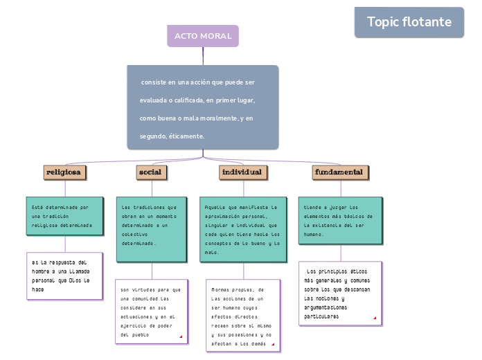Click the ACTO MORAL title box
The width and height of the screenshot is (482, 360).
pyautogui.click(x=203, y=36)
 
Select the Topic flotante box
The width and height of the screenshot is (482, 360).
pyautogui.click(x=409, y=22)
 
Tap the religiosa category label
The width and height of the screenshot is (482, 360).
pyautogui.click(x=64, y=172)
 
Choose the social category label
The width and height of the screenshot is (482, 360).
pyautogui.click(x=150, y=172)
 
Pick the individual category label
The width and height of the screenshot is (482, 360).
pyautogui.click(x=241, y=172)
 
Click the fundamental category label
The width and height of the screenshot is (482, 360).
pyautogui.click(x=339, y=172)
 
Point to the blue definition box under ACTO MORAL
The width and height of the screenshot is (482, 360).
pyautogui.click(x=203, y=107)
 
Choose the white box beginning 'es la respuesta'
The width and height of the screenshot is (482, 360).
pyautogui.click(x=64, y=276)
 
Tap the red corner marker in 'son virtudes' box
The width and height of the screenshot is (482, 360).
pyautogui.click(x=181, y=337)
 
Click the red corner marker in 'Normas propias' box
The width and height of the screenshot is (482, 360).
pyautogui.click(x=273, y=344)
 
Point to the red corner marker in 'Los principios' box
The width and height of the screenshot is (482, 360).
pyautogui.click(x=375, y=318)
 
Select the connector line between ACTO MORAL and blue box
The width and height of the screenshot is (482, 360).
pyautogui.click(x=203, y=56)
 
